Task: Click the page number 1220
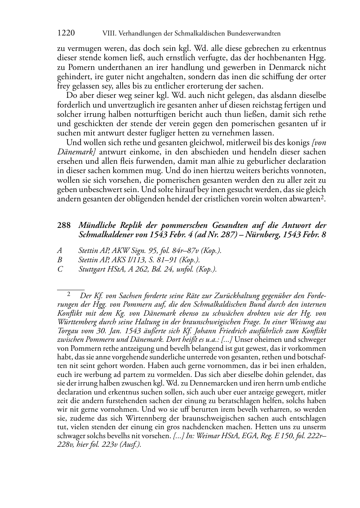tap(66, 33)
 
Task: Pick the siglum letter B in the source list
tap(60, 260)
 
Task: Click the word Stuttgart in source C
tap(91, 269)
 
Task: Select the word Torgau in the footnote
tap(68, 331)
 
